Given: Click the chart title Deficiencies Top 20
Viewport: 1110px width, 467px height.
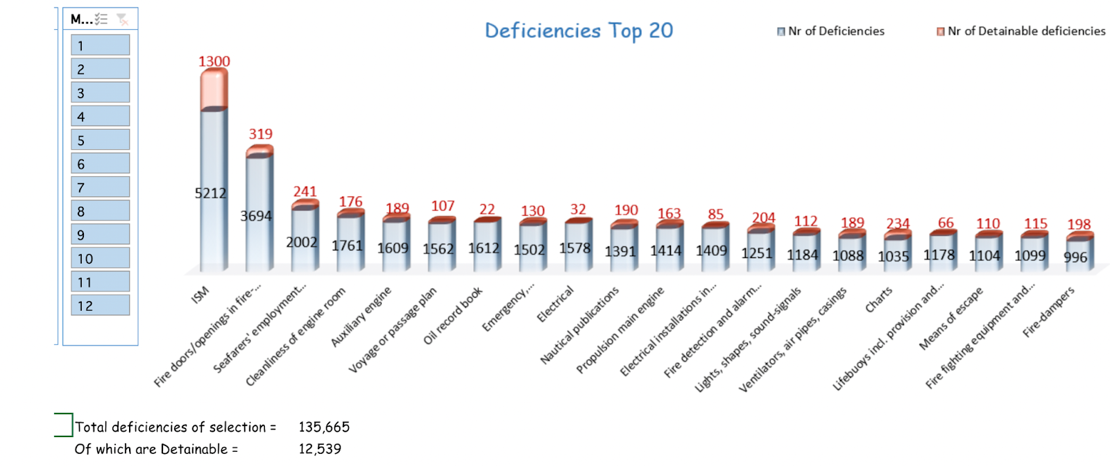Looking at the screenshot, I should coord(579,31).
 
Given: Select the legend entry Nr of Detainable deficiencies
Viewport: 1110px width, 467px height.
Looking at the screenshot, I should coord(1021,31).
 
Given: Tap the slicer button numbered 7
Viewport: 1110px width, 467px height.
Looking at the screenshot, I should coord(100,187).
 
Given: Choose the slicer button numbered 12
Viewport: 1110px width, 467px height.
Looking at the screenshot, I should coord(100,305).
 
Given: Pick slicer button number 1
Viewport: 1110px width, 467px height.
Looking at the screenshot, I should coord(100,46).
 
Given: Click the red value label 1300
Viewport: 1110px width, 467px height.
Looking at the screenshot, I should coord(214,61).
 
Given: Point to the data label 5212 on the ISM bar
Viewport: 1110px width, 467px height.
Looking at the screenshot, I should coord(210,193).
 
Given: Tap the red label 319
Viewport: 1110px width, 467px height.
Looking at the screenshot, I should coord(260,134).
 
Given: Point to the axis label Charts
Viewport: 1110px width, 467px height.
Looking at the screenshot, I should coord(879,300).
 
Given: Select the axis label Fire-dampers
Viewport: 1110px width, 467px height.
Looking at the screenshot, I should coord(1048,312).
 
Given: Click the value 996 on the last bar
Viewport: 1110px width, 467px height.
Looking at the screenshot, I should coord(1075,257).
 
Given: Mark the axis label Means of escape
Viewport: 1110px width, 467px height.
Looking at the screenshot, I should coord(951,318).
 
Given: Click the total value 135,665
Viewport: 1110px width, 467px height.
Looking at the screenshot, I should coord(324,427).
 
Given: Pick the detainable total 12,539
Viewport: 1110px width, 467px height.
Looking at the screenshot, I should coord(320,449).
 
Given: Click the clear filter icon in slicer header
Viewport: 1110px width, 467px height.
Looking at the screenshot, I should coord(122,19).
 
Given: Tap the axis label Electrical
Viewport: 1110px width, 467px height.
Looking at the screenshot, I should coord(556,304).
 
